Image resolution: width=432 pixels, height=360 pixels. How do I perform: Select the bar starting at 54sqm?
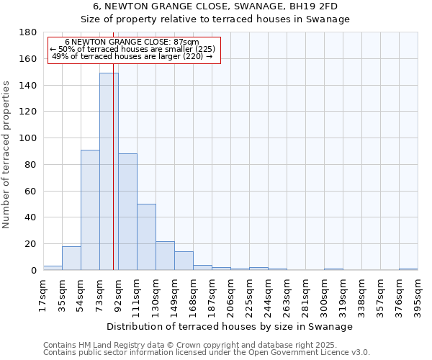click(x=90, y=210)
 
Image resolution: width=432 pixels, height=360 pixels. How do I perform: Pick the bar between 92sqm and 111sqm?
click(x=127, y=212)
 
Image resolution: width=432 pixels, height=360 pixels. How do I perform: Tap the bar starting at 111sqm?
click(x=146, y=237)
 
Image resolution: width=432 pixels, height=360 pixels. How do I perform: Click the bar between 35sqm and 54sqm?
click(x=71, y=258)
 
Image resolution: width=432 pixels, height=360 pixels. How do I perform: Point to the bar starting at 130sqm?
click(x=165, y=256)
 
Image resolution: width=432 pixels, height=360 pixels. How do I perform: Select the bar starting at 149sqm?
click(x=184, y=261)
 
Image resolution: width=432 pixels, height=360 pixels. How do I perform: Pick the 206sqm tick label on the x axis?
click(x=231, y=295)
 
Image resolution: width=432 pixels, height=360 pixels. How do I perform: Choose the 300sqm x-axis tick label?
click(x=325, y=295)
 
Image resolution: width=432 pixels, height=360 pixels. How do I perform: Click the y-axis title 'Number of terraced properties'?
click(x=7, y=155)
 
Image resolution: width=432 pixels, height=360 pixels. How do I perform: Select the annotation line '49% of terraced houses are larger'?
click(x=132, y=56)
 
